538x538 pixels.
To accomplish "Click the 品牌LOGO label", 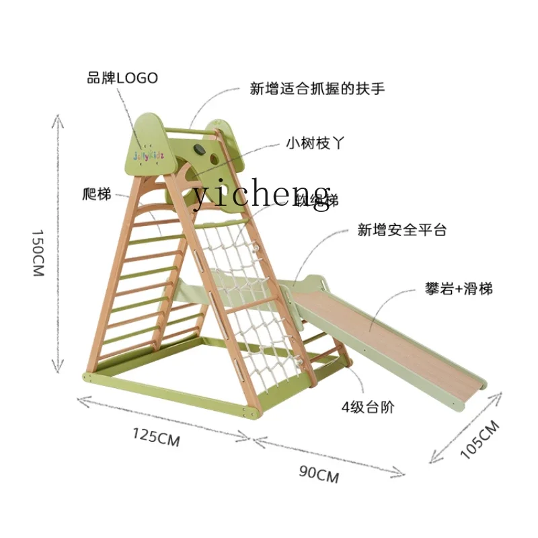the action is [122, 78].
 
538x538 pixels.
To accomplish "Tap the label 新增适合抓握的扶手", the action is [317, 88].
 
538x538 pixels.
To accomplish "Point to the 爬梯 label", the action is [94, 194].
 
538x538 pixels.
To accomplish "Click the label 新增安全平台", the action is [401, 230].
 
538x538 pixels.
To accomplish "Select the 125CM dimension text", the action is [155, 437].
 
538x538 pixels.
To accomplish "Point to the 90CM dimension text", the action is [318, 473].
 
